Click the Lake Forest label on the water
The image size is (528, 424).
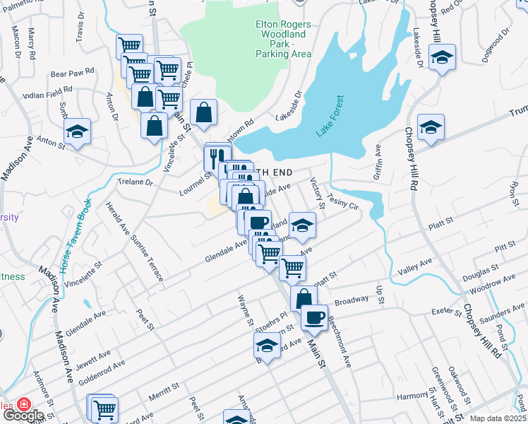click(x=329, y=117)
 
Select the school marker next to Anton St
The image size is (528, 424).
click(x=77, y=131)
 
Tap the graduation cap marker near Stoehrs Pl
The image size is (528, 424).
click(x=267, y=346)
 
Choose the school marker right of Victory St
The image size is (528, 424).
click(x=302, y=225)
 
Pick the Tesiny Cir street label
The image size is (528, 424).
click(x=345, y=204)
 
